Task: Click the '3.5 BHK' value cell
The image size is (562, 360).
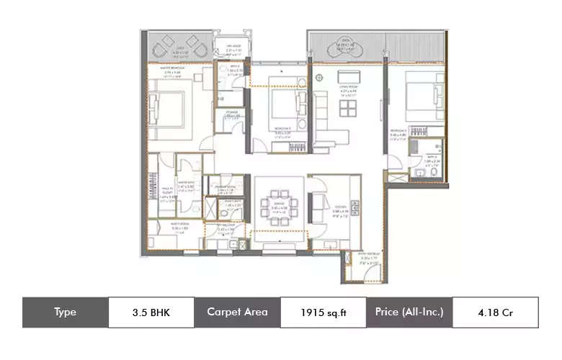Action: (151, 312)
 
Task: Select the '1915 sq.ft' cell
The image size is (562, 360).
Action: (323, 312)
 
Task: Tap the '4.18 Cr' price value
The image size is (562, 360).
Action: (495, 312)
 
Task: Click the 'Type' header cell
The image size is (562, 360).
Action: (65, 312)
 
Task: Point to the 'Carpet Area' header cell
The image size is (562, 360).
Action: (237, 312)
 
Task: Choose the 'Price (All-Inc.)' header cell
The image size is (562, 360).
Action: (409, 312)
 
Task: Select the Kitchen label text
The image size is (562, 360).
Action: (331, 209)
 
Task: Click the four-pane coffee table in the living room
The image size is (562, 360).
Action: (349, 107)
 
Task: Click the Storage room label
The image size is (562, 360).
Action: (232, 114)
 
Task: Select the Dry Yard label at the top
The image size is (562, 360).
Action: (233, 48)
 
